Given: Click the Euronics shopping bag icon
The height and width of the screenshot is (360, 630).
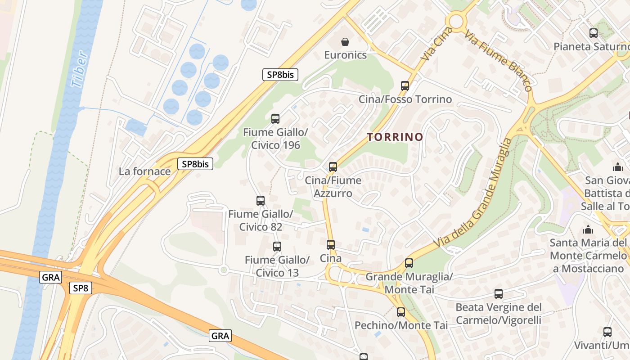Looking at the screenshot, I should click(345, 42).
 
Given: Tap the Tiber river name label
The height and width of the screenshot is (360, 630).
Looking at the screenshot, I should click(79, 69).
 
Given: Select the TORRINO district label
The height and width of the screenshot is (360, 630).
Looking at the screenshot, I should click(395, 137).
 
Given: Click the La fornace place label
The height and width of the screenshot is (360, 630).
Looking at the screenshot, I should click(144, 171).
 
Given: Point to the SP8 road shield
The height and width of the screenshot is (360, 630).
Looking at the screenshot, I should click(81, 288).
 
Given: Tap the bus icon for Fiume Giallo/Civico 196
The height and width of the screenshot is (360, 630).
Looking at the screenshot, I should click(275, 119).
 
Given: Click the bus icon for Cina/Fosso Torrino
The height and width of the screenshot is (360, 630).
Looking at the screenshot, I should click(405, 85).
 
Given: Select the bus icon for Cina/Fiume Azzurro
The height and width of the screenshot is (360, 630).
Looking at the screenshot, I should click(333, 167).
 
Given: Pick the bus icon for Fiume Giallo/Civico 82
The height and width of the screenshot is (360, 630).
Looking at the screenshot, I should click(261, 201).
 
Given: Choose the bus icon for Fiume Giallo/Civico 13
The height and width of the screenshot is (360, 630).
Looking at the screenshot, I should click(277, 247).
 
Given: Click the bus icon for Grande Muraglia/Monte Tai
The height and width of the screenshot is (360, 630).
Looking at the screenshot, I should click(409, 263).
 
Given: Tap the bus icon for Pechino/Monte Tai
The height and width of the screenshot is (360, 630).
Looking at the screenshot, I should click(401, 312).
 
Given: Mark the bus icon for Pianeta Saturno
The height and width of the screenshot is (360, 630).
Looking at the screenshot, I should click(594, 33).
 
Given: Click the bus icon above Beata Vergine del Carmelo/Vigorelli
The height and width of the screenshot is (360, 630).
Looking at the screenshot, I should click(499, 294).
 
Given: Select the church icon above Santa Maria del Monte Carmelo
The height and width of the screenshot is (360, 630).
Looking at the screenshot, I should click(588, 230).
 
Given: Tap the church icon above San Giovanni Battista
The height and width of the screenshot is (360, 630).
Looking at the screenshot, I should click(618, 167).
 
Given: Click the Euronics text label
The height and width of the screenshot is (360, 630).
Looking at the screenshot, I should click(346, 55).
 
